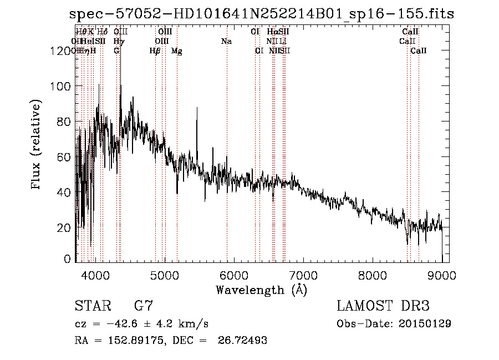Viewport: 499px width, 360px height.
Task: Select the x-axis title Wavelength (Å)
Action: (x=261, y=290)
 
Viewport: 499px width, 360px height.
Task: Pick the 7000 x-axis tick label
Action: (x=303, y=275)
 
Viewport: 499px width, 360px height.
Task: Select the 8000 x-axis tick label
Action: (x=372, y=275)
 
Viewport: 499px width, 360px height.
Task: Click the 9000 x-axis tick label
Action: (x=441, y=275)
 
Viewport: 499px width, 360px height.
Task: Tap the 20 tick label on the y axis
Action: (x=65, y=227)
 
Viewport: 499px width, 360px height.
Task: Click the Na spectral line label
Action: (x=226, y=42)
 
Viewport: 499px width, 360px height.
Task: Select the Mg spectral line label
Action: (x=176, y=51)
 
